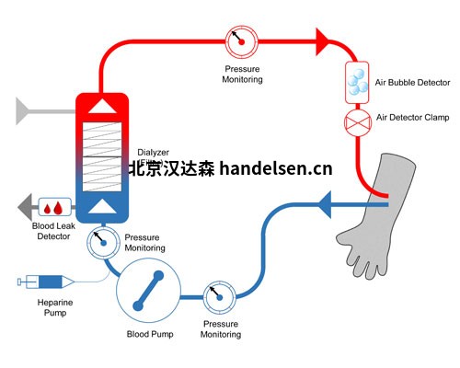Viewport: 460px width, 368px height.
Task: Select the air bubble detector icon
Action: (x=356, y=83)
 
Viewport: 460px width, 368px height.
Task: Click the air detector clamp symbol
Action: (x=356, y=120)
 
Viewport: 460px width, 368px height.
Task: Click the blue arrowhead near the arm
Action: (x=327, y=202)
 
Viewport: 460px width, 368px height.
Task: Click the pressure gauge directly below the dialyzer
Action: (x=103, y=242)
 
